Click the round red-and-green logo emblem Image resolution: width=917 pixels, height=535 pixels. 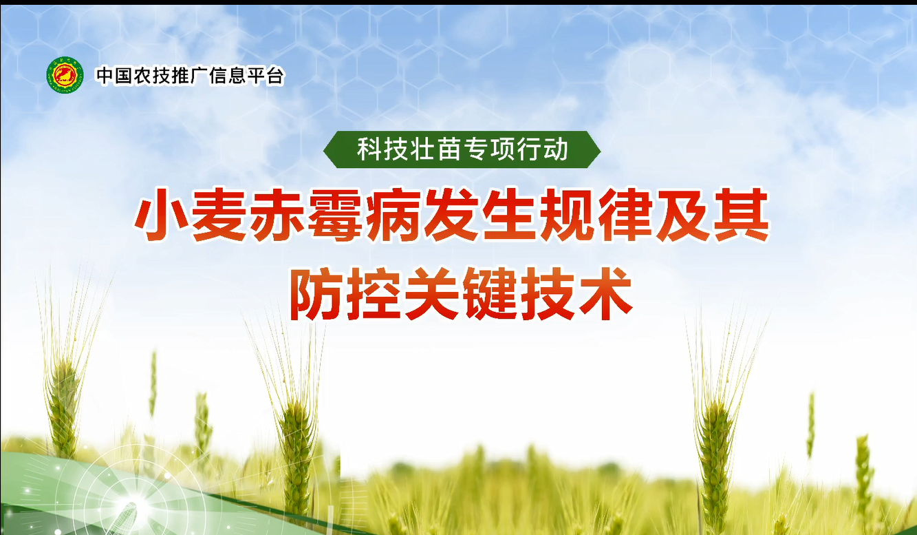[x=65, y=75]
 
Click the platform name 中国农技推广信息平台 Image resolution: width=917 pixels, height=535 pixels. [x=190, y=76]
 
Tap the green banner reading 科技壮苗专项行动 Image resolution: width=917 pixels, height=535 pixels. [x=462, y=149]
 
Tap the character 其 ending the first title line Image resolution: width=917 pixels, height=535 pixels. [x=742, y=215]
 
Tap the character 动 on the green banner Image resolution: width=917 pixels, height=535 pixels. [x=556, y=149]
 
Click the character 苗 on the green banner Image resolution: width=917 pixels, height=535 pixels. [x=449, y=149]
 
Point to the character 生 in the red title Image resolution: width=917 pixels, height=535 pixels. [x=509, y=215]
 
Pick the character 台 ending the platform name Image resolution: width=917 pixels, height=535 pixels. [x=274, y=76]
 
